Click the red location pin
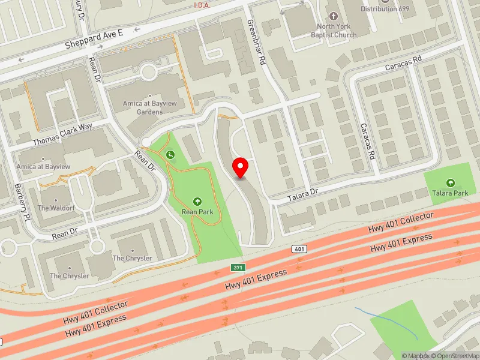241,167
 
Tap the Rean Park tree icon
197,201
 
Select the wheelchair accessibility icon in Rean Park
171,155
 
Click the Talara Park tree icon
451,182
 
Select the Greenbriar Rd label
257,41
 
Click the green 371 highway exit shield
239,266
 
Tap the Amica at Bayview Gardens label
142,107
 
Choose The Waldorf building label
55,208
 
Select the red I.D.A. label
202,5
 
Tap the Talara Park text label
451,193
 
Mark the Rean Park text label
197,212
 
